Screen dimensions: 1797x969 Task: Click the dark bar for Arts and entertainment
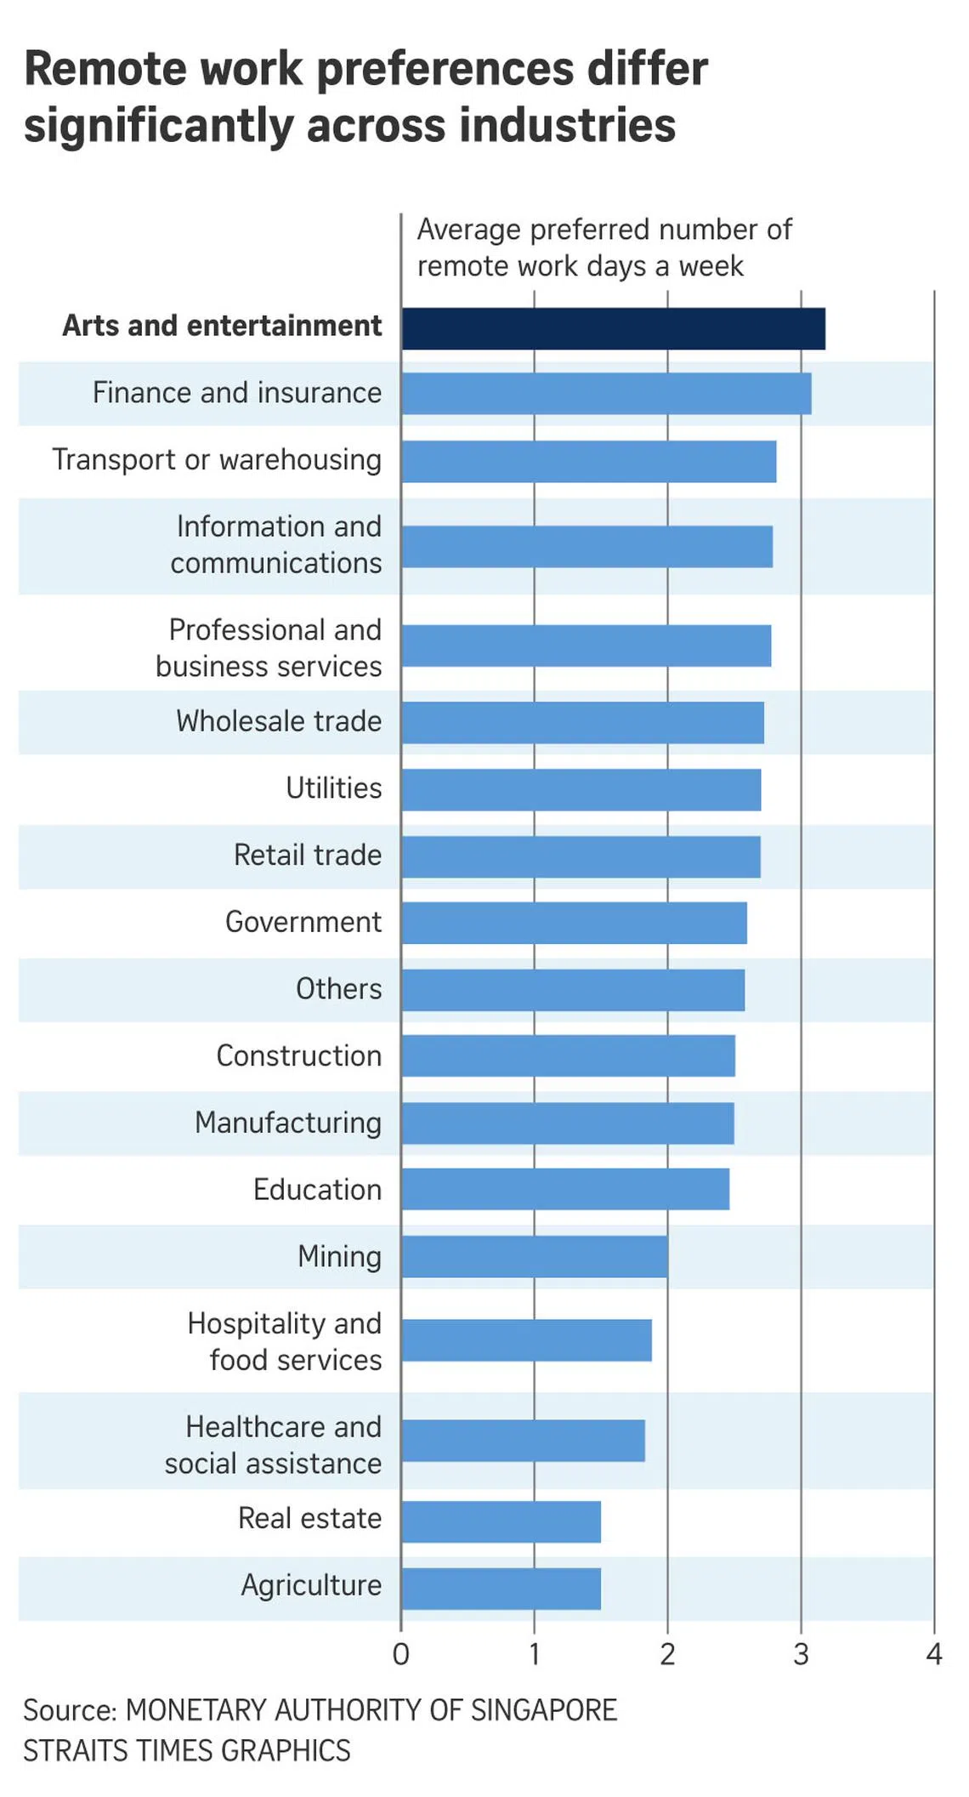tap(613, 329)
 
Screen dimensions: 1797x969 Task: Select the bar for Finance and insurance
tap(606, 394)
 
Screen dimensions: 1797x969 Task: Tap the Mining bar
tap(535, 1257)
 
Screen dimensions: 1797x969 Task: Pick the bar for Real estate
tap(501, 1521)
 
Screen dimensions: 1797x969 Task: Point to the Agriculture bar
tap(501, 1589)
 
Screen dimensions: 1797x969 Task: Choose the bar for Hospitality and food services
tap(527, 1340)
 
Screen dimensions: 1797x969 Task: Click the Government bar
tap(575, 923)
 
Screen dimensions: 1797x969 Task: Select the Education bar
tap(565, 1189)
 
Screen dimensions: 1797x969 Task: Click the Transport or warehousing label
tap(217, 460)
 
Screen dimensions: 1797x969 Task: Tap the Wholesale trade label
tap(279, 721)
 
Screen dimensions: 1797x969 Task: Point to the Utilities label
tap(333, 788)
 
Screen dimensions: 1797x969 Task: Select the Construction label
tap(298, 1055)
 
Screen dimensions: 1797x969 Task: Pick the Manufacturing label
tap(288, 1123)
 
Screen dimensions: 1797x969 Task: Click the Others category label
tap(338, 989)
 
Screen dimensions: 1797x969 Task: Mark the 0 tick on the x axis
tap(401, 1654)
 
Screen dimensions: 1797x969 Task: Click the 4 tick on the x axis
tap(934, 1654)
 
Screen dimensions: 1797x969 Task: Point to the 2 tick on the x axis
tap(667, 1654)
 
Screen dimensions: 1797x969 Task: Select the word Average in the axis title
tap(468, 230)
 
